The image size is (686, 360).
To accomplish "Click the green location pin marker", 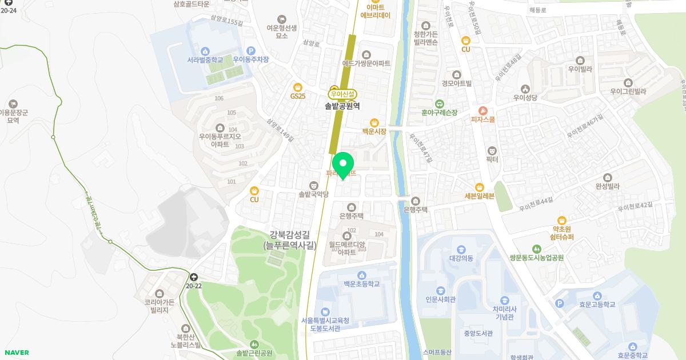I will pos(343,165).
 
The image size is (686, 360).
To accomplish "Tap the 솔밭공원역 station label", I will pos(342,106).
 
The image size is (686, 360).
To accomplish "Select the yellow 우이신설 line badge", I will pos(342,94).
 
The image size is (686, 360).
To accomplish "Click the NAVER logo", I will pos(15,353).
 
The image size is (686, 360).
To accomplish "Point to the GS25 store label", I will pos(298,96).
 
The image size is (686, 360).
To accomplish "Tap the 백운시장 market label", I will pos(374,131).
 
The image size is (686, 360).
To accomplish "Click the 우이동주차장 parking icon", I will pos(250,51).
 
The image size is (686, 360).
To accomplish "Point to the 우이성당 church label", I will pos(525,98).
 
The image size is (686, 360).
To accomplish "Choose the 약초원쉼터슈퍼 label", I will pos(563,233).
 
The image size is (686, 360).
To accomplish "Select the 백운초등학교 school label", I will pos(358,284).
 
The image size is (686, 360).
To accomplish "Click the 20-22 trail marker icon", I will pos(194,276).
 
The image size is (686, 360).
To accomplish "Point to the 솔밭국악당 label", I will pos(313,194).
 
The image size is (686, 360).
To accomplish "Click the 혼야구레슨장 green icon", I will pos(439,104).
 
